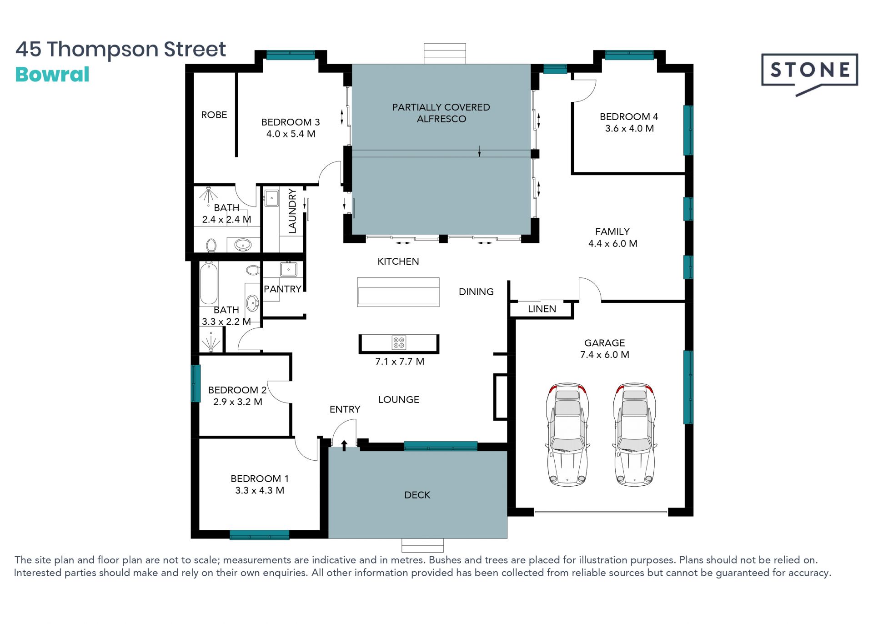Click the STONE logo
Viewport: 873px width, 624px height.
tap(809, 73)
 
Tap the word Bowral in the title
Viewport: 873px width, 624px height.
tap(52, 75)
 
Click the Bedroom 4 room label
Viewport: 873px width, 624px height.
tap(629, 117)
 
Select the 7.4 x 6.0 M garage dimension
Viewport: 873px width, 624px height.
tap(605, 355)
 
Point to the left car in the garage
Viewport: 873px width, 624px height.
tap(567, 434)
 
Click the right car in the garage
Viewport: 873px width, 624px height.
tap(634, 434)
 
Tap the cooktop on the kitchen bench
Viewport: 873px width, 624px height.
tap(399, 342)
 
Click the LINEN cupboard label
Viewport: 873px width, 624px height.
tap(542, 309)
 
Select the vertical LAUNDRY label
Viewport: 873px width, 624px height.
tap(292, 211)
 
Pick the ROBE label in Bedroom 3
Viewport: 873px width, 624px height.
tap(214, 115)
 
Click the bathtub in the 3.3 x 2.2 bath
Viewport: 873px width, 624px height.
tap(209, 283)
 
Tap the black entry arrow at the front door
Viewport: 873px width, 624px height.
tap(344, 446)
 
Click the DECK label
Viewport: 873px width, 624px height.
tap(417, 495)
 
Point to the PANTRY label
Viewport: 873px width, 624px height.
tap(282, 289)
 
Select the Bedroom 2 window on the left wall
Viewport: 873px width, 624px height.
tap(196, 383)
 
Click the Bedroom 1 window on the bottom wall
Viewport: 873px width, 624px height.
tap(260, 535)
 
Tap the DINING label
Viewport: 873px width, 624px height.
tap(476, 292)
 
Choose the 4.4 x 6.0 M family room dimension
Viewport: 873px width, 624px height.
tap(613, 244)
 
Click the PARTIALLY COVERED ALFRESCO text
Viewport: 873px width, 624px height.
tap(441, 113)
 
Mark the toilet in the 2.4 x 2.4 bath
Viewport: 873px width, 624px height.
tap(211, 246)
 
